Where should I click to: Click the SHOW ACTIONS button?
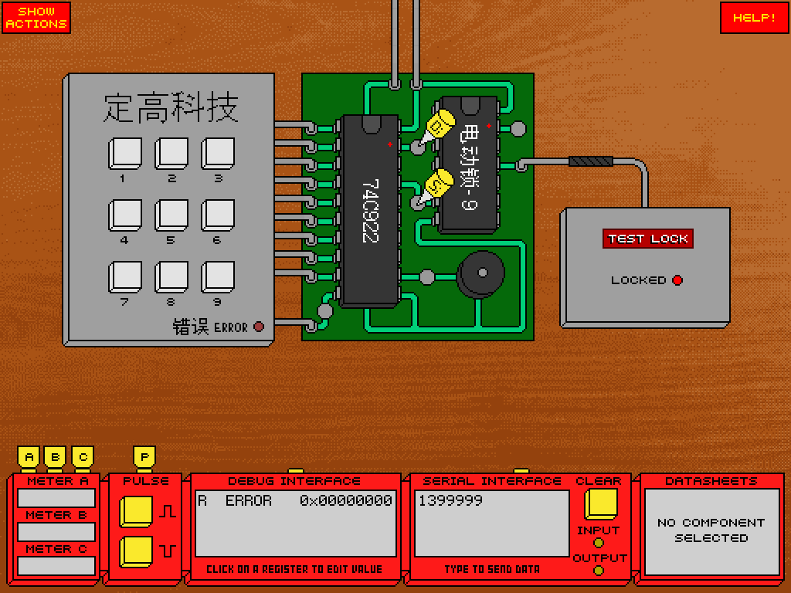(x=36, y=18)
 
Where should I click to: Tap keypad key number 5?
(x=171, y=215)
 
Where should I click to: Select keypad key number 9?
(x=218, y=277)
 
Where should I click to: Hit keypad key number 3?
(x=218, y=154)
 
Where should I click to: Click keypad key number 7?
(x=125, y=277)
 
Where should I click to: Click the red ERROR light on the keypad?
(x=259, y=327)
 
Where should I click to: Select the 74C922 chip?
(x=370, y=212)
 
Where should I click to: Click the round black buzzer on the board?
(x=480, y=275)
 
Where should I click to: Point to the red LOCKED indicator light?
(x=677, y=280)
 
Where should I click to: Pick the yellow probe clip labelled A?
(x=29, y=457)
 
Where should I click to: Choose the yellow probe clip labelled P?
(x=144, y=457)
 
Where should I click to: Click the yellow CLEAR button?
(x=601, y=504)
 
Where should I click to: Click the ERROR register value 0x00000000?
(x=346, y=500)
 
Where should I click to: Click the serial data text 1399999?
(x=450, y=500)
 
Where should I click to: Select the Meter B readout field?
(x=56, y=532)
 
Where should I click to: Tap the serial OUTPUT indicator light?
(x=599, y=571)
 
